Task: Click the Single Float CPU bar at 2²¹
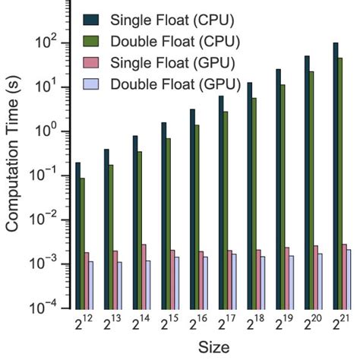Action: [335, 175]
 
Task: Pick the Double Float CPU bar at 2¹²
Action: [83, 243]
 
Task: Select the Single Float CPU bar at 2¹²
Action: [77, 235]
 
